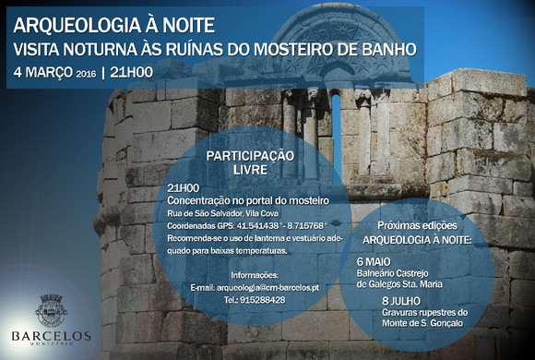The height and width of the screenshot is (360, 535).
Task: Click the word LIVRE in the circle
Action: (x=249, y=170)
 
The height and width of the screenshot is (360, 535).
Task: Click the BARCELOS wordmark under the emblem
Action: (x=51, y=336)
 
